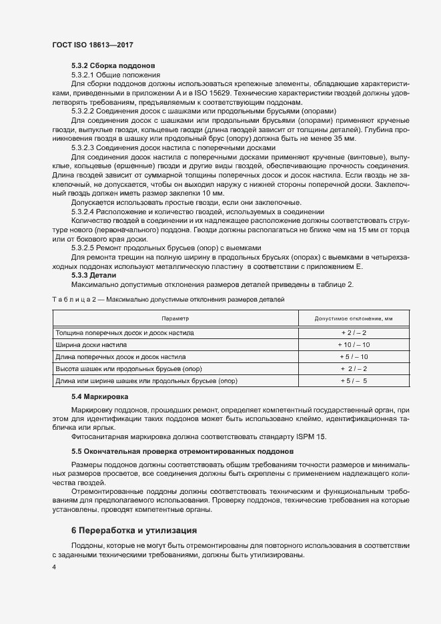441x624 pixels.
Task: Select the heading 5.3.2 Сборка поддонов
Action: point(113,67)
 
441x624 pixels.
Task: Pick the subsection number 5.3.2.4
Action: point(83,211)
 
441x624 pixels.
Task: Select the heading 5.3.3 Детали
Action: point(93,275)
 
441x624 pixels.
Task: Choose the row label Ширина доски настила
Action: point(87,344)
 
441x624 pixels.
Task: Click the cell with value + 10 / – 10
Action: point(354,344)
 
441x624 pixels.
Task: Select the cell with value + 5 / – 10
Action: point(354,356)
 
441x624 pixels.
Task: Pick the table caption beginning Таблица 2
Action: point(167,300)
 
